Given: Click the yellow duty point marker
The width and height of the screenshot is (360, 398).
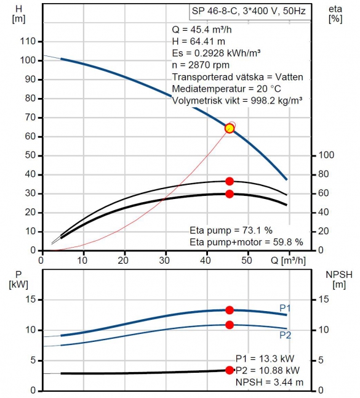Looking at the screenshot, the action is (x=230, y=128).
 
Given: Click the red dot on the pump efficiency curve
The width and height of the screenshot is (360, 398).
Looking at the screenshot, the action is (x=230, y=181).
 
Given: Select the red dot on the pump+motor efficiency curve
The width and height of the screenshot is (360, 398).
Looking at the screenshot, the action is (x=230, y=194).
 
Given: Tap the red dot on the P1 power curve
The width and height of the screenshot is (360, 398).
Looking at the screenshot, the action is (x=230, y=310).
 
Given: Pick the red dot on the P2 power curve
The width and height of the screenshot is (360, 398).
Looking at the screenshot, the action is (x=230, y=325).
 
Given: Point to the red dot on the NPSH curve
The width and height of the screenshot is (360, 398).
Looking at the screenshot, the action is (x=230, y=370).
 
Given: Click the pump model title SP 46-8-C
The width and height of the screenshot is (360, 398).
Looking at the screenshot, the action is (x=215, y=11).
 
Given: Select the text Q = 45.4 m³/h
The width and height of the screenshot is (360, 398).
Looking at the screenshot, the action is (x=202, y=30).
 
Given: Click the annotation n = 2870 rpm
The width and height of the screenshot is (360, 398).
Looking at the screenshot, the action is (x=201, y=65).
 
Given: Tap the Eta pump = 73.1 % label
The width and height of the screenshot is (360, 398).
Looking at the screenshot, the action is (x=231, y=230).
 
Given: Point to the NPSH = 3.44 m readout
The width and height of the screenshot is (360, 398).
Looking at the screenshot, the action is (x=270, y=382).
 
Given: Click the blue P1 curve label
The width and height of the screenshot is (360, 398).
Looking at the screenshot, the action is (x=285, y=308).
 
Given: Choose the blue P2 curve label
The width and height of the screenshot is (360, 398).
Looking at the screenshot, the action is (x=285, y=335).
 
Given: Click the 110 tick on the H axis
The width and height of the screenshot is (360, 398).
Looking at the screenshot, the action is (x=28, y=41).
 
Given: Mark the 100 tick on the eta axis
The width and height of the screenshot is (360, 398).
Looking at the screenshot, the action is (x=326, y=155).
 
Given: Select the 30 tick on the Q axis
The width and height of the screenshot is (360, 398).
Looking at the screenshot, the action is (x=164, y=261).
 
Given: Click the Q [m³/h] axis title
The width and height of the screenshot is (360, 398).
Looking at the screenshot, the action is (x=288, y=261).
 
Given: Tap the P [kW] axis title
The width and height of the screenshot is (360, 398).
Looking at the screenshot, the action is (x=18, y=279).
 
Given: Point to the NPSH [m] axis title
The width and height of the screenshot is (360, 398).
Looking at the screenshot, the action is (x=339, y=279).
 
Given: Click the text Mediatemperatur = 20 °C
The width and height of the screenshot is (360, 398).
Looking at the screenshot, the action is (x=226, y=89).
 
